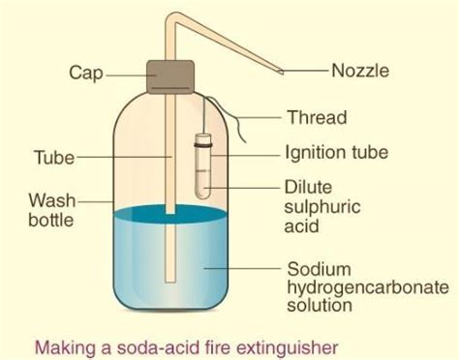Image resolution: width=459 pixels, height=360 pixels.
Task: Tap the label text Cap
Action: coord(86,72)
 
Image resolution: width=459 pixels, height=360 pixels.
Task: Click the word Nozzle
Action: coord(362,71)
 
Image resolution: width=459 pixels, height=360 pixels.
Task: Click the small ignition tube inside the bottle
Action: coord(204,165)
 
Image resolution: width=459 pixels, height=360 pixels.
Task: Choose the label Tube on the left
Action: coord(54,156)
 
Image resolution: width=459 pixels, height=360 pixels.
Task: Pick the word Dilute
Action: coord(309,186)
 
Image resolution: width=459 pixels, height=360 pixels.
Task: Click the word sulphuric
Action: coord(323,207)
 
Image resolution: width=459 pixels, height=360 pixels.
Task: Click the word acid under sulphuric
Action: coord(302,227)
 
